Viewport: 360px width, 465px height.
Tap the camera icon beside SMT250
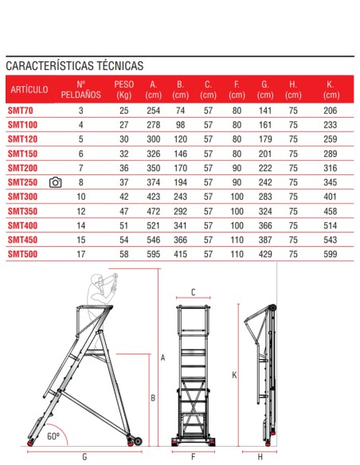point(55,182)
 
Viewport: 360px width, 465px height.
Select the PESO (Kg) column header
point(124,89)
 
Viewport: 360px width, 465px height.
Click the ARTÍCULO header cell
point(28,89)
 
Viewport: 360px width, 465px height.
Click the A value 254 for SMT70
point(154,110)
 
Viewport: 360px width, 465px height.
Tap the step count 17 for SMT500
point(80,253)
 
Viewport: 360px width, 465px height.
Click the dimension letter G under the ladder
point(84,457)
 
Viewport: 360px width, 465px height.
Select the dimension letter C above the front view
point(194,292)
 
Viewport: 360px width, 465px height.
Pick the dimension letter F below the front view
point(194,457)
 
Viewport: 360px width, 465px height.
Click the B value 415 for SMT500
point(180,253)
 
